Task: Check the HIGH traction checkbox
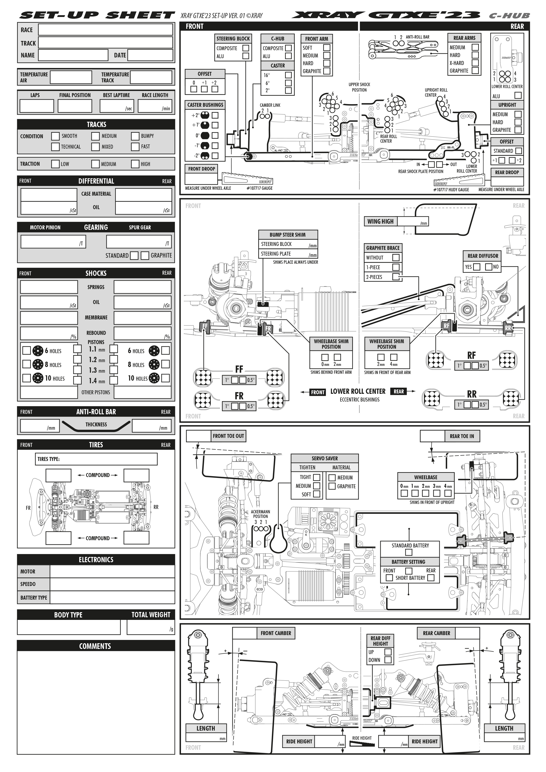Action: pos(135,164)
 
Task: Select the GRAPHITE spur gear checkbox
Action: pos(145,256)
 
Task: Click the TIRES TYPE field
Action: pos(96,459)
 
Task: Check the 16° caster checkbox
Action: pos(288,75)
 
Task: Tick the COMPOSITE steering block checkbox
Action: pos(246,48)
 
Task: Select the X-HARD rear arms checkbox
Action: pos(475,63)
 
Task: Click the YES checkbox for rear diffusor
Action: pos(477,267)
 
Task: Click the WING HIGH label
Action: pos(380,221)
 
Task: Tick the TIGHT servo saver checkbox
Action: pos(316,477)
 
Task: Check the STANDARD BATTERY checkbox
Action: pos(408,553)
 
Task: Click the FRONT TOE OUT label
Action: pos(228,436)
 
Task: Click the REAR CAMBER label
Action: pos(436,633)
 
